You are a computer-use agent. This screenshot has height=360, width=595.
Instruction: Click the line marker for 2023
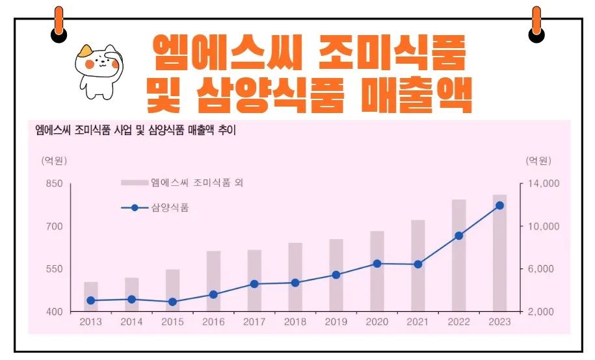[499, 205]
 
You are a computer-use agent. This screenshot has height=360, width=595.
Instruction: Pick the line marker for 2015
[173, 302]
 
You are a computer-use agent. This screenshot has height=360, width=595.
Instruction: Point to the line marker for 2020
[377, 263]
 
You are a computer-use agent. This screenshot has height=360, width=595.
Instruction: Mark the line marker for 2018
[295, 283]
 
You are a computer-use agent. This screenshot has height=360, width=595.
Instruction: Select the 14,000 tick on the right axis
[542, 185]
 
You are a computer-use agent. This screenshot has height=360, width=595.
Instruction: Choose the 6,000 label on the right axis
[539, 269]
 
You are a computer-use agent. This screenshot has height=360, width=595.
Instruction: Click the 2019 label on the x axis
[336, 322]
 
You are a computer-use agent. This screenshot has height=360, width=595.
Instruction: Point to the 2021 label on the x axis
[418, 322]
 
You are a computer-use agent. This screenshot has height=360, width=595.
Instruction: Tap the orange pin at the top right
[536, 21]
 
